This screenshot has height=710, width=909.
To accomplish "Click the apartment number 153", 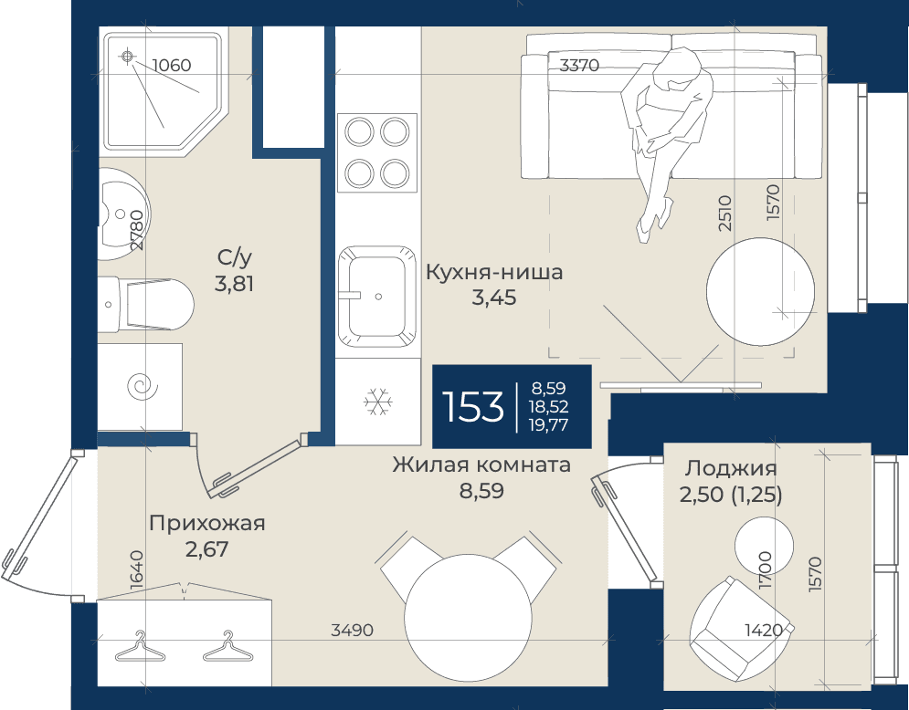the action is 472,406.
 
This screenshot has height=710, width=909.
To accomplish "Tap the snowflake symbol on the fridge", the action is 378,402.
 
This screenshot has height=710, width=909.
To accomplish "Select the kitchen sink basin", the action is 377,297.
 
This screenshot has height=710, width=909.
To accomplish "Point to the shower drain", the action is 128,57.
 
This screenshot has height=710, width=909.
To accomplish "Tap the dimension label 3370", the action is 579,66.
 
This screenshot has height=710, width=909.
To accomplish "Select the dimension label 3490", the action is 352,630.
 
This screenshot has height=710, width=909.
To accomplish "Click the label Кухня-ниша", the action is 494,272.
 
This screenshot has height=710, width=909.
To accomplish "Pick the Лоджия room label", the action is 731,468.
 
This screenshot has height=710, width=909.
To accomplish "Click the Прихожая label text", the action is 207,524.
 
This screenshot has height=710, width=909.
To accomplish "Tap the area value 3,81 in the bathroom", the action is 234,285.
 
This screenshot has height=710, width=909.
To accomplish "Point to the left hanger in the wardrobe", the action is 141,647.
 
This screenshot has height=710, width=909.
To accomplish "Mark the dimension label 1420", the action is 764,630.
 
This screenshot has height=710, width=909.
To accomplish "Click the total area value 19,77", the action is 548,425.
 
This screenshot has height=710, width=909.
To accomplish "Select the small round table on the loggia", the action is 764,545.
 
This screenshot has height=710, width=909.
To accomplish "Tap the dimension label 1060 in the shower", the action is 172,65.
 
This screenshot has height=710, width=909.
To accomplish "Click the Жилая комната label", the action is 481,465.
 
